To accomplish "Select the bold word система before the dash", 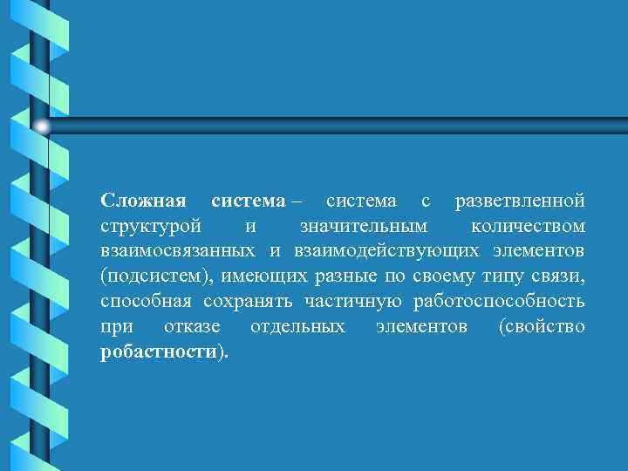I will point(249,201).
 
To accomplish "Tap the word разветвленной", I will point(520,201).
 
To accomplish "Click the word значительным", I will point(363,227).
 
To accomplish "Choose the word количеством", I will point(528,227).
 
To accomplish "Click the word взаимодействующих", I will point(383,251).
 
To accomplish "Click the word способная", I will point(147,302).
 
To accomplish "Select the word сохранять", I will point(250,302).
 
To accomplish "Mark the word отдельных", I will point(297,327).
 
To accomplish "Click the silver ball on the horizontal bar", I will point(42,127).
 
